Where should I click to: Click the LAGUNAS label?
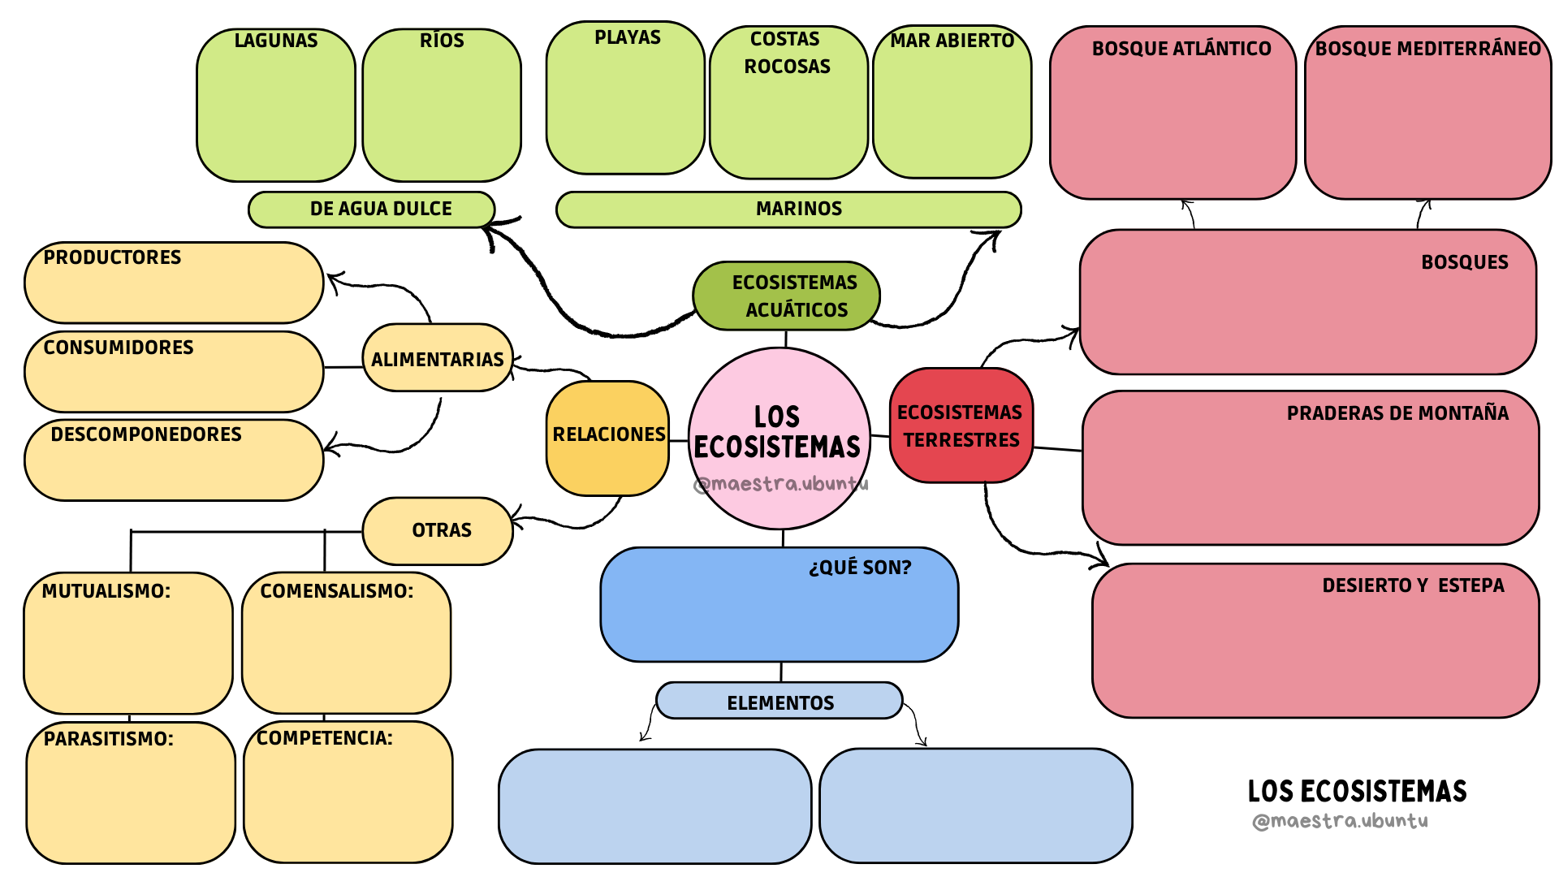pyautogui.click(x=275, y=41)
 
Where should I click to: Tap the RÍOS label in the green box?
pyautogui.click(x=442, y=41)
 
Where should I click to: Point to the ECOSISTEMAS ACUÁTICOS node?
pyautogui.click(x=786, y=296)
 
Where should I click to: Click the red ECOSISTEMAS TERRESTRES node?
pyautogui.click(x=961, y=426)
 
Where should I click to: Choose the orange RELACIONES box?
pyautogui.click(x=608, y=435)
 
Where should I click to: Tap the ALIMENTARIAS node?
pyautogui.click(x=437, y=359)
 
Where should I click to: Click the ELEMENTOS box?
pyautogui.click(x=779, y=702)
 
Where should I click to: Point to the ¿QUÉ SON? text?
pyautogui.click(x=860, y=568)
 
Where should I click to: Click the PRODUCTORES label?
pyautogui.click(x=112, y=257)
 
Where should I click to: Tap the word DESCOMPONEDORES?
pyautogui.click(x=146, y=434)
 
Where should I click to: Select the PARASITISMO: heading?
pyautogui.click(x=108, y=739)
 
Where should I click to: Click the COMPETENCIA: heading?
pyautogui.click(x=325, y=738)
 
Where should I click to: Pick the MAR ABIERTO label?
pyautogui.click(x=952, y=41)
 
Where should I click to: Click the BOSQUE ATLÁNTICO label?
pyautogui.click(x=1181, y=49)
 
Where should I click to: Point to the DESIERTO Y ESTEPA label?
pyautogui.click(x=1413, y=585)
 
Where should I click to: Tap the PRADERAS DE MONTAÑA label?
pyautogui.click(x=1397, y=413)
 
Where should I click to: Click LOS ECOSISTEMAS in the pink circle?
pyautogui.click(x=778, y=432)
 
